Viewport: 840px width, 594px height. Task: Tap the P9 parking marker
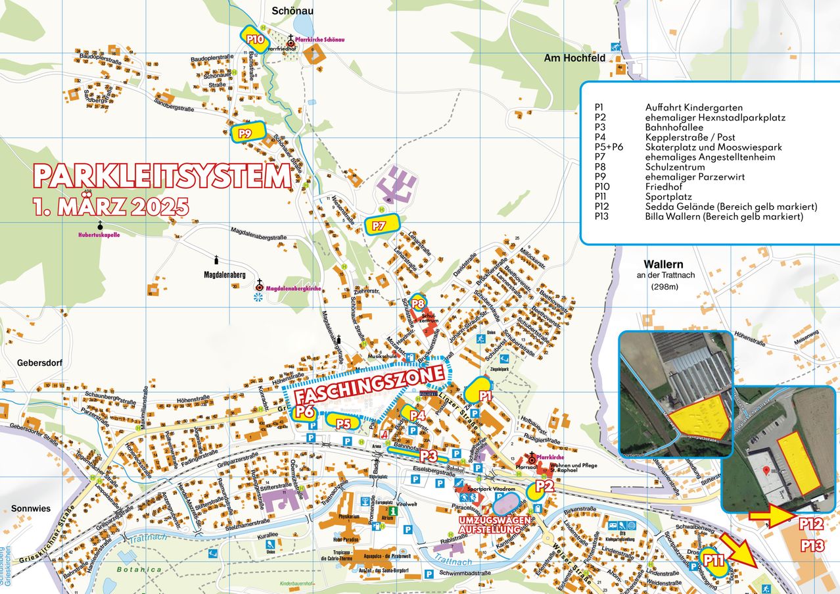pyautogui.click(x=246, y=132)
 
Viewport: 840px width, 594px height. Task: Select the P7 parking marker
pyautogui.click(x=382, y=224)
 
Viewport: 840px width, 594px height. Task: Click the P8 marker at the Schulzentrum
pyautogui.click(x=419, y=303)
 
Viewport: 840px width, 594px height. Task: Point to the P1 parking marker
pyautogui.click(x=483, y=392)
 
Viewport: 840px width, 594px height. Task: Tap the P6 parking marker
pyautogui.click(x=304, y=412)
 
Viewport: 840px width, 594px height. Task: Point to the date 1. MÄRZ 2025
pyautogui.click(x=110, y=206)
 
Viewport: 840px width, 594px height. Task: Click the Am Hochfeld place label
pyautogui.click(x=574, y=59)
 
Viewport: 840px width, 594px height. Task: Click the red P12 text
pyautogui.click(x=812, y=524)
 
